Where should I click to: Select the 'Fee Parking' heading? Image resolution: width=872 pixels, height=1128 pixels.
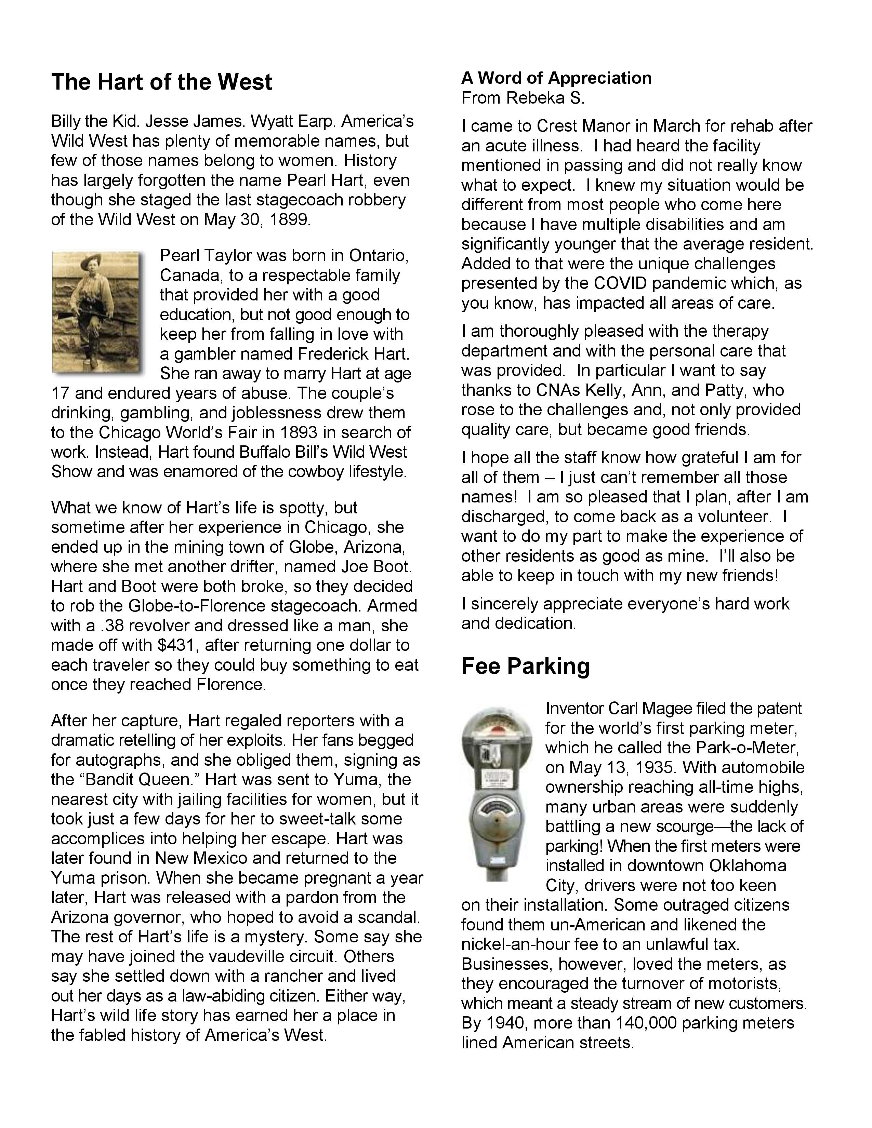pos(525,666)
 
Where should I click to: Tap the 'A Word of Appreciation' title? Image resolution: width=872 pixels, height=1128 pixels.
pos(556,78)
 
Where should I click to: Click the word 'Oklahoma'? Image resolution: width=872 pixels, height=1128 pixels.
pos(748,865)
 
